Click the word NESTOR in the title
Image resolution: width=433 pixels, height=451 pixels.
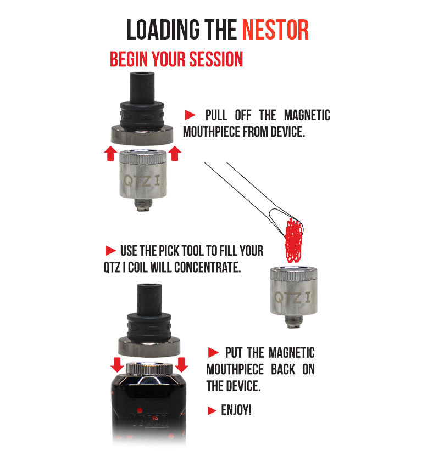click(x=275, y=30)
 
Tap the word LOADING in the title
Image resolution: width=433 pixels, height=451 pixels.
click(x=163, y=30)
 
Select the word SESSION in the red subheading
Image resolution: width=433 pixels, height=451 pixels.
click(x=216, y=59)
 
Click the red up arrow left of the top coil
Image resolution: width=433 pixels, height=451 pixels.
click(x=110, y=154)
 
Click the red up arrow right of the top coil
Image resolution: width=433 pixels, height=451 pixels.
click(x=175, y=154)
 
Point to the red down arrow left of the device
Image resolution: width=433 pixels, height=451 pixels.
click(x=117, y=365)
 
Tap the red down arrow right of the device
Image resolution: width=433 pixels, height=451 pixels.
click(x=181, y=365)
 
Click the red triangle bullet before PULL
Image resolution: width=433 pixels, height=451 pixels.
click(x=190, y=115)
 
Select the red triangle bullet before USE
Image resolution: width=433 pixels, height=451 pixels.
click(x=110, y=251)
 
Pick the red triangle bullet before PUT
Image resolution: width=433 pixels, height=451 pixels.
click(x=213, y=353)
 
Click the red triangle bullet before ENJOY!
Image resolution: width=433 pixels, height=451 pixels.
click(x=212, y=410)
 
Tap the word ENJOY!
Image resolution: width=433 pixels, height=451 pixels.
click(x=236, y=410)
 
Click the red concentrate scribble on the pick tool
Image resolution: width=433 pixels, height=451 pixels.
click(x=293, y=240)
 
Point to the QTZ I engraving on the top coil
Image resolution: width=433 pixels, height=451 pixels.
click(x=142, y=181)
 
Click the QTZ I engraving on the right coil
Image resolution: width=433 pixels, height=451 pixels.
click(x=292, y=297)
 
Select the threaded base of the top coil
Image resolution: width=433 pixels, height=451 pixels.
click(x=143, y=205)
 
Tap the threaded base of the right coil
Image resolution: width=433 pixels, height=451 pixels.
click(x=293, y=322)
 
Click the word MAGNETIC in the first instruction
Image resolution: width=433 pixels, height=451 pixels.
click(x=307, y=115)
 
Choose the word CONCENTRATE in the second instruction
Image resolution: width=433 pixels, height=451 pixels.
click(x=207, y=268)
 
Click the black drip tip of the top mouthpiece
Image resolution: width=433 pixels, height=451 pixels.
click(x=142, y=87)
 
